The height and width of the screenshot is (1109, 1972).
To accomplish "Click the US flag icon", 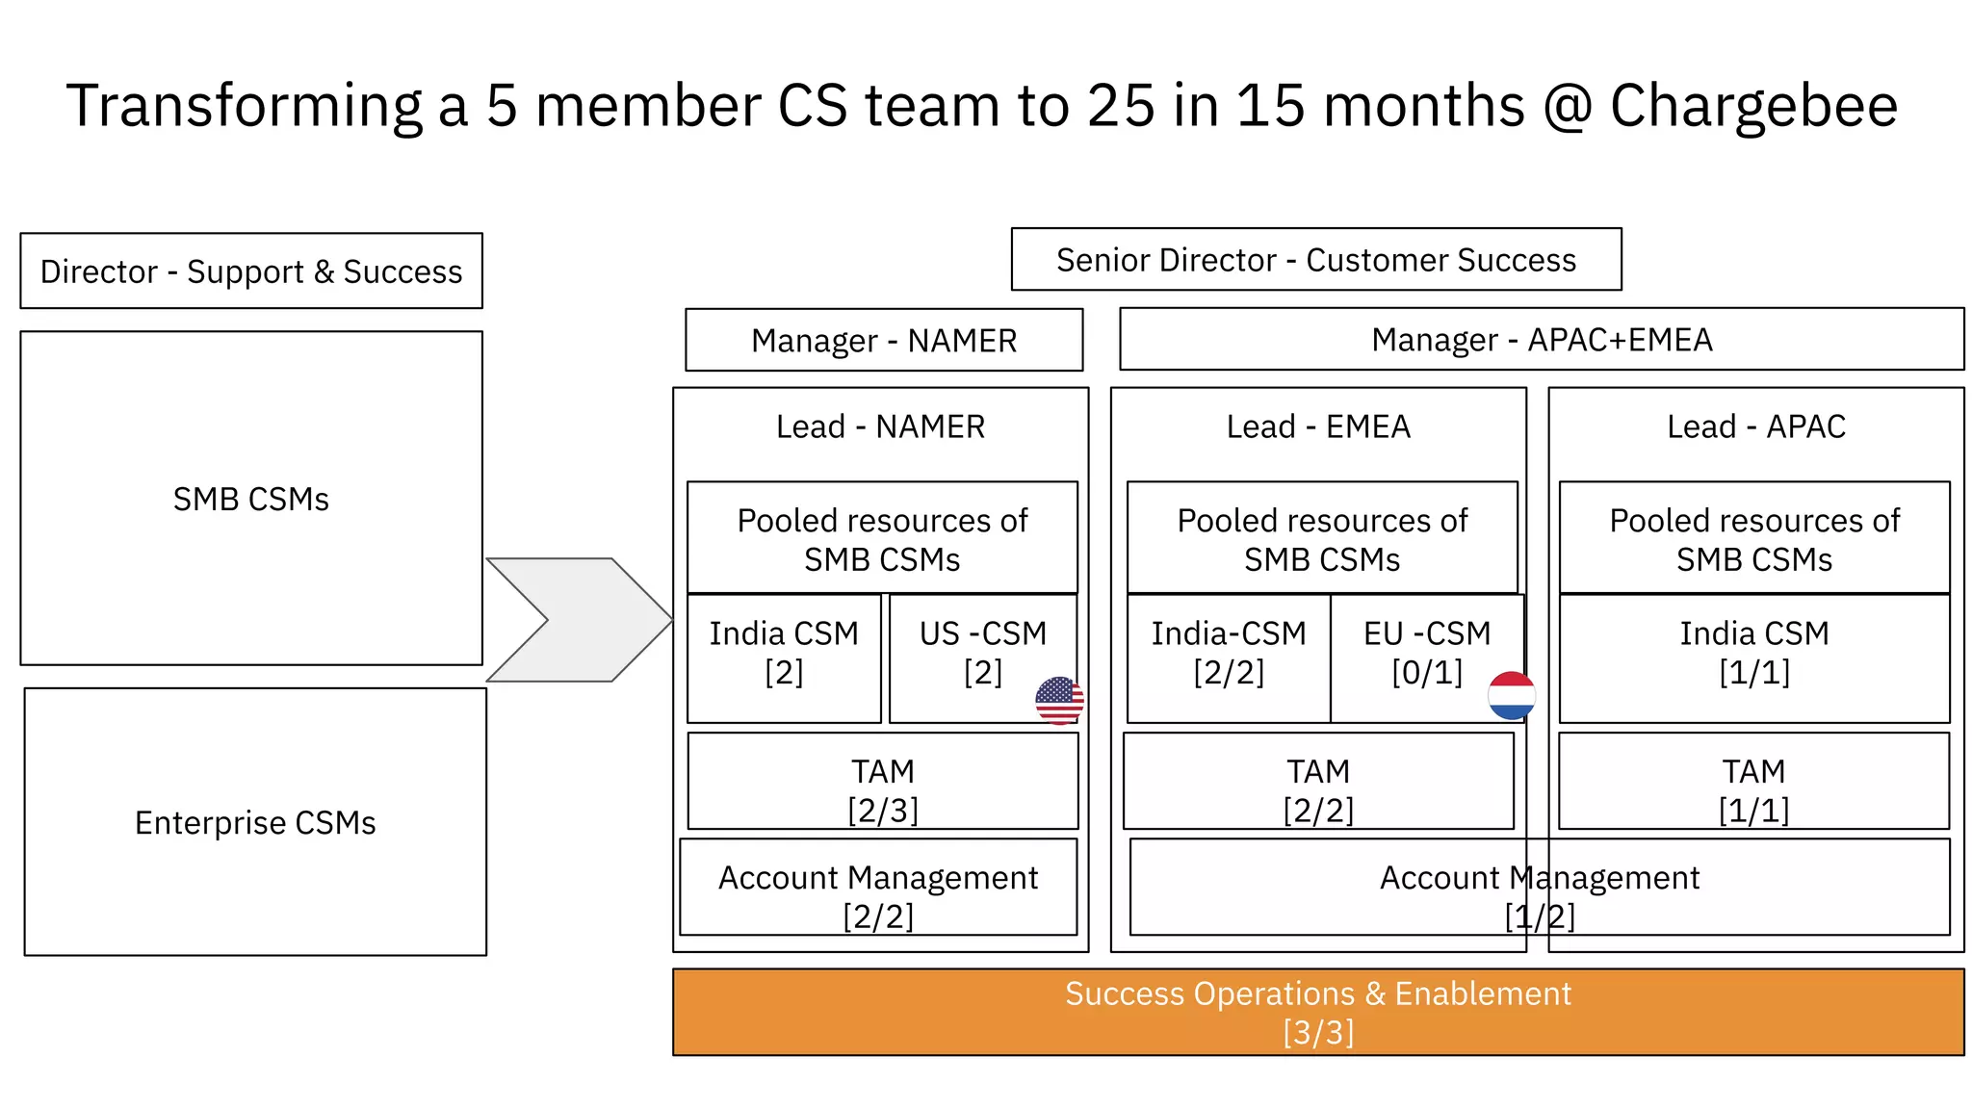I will (1059, 700).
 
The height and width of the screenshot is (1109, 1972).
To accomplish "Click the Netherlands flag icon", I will (1511, 696).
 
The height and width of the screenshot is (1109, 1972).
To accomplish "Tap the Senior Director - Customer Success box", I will (1315, 260).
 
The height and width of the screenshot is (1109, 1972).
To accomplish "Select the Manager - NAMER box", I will (883, 340).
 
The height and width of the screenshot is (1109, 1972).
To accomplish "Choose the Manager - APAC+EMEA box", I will (1541, 340).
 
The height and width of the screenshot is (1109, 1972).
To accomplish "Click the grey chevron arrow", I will (578, 620).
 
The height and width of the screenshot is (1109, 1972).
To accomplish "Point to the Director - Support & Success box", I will (250, 271).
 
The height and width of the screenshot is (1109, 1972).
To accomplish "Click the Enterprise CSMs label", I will (255, 823).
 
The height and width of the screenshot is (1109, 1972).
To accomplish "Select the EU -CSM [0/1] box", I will (1426, 655).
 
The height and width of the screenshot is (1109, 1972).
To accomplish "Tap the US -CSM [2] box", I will (982, 655).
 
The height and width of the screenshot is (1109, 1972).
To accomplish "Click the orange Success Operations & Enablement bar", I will (1317, 1012).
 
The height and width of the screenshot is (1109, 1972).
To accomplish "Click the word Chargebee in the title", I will (1752, 105).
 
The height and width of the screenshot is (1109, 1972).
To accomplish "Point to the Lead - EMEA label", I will (1317, 426).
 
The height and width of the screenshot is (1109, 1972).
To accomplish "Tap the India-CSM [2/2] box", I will (1228, 655).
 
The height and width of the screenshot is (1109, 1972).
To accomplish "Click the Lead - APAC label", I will (1755, 426).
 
